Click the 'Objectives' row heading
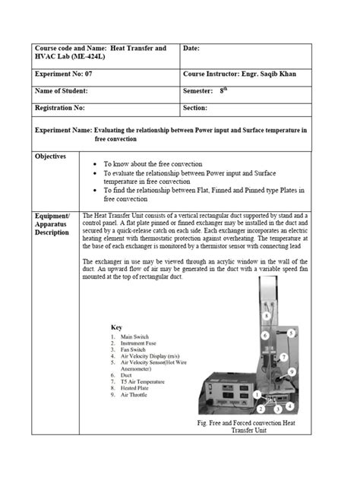point(51,156)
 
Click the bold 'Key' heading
point(116,327)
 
